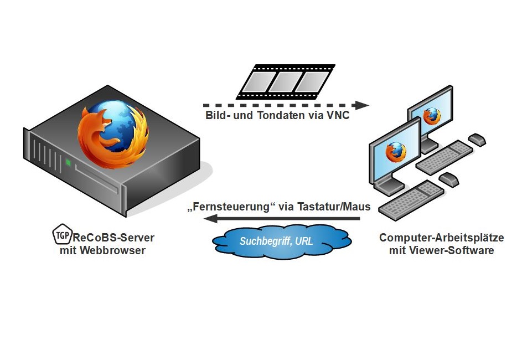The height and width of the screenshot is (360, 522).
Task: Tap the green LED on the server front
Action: (x=68, y=163)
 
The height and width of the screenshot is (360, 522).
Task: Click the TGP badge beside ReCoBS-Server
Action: (x=61, y=236)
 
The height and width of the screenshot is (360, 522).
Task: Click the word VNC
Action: (x=338, y=116)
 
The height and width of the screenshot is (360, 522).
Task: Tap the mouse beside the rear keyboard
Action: (x=477, y=139)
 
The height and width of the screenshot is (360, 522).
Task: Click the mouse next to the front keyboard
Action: (x=448, y=179)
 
